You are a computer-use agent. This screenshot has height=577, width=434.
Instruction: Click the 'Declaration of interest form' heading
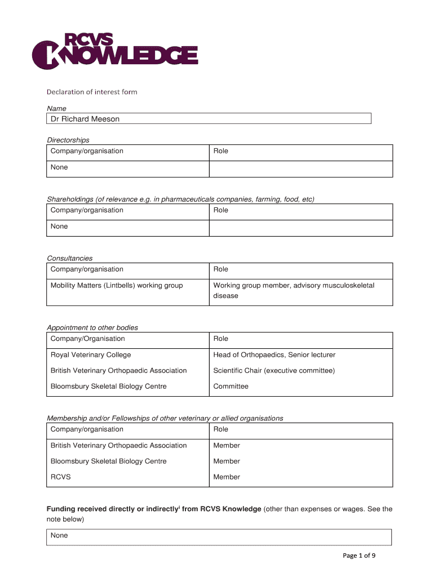click(92, 92)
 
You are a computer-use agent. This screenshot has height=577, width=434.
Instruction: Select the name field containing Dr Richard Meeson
click(209, 119)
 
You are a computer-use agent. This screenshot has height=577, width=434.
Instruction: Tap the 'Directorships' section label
click(68, 140)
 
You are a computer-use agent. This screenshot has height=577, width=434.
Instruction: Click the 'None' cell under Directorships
click(59, 167)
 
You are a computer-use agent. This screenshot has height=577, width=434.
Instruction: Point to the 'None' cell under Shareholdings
click(59, 227)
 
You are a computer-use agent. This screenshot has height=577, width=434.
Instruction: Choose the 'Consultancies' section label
click(69, 258)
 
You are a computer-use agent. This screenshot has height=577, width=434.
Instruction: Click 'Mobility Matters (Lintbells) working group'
click(117, 286)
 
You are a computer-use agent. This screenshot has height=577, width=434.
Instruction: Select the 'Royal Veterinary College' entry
click(91, 355)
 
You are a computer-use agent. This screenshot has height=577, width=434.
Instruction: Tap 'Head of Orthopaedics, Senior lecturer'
click(274, 355)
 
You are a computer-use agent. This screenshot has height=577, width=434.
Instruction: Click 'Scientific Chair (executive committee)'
click(274, 371)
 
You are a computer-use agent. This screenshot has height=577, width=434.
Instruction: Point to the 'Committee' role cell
click(231, 387)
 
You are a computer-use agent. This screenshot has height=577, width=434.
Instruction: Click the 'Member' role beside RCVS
click(227, 477)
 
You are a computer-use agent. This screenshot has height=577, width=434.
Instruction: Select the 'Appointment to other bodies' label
click(92, 327)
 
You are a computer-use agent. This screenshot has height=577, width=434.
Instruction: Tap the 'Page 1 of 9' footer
click(359, 556)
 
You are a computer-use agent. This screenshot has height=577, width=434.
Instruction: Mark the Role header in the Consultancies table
click(221, 269)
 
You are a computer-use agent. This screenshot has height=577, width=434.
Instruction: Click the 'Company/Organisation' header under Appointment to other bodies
click(88, 339)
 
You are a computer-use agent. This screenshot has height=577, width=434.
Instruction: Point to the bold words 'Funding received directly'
click(91, 509)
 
